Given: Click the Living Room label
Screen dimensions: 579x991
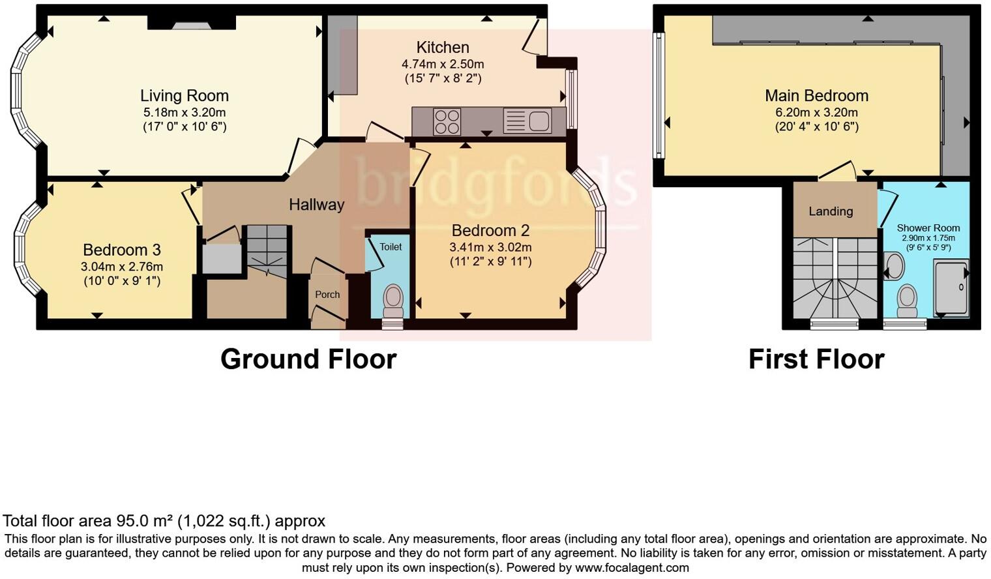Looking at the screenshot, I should point(185,96).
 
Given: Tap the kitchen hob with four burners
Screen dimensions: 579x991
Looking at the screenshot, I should point(447,121).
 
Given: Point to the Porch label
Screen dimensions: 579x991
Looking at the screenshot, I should point(327,295).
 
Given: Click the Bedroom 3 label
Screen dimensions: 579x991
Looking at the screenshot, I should point(122,250).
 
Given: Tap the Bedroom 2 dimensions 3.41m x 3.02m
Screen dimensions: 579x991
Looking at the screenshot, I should point(490,248).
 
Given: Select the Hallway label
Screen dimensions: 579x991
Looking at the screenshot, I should point(316,205).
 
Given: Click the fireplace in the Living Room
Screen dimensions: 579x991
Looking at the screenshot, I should point(192,25).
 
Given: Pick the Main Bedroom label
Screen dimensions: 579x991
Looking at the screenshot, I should point(816,96).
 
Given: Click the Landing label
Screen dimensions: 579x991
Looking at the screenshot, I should point(831,211).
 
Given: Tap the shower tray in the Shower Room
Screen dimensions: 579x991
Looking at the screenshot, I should point(951,288).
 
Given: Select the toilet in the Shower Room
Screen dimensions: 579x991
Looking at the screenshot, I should point(907,299).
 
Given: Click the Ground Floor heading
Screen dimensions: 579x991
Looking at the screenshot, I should point(308,359).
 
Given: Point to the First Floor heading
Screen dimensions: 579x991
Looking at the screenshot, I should point(816,359).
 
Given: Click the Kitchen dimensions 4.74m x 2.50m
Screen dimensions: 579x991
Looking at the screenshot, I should point(443,65).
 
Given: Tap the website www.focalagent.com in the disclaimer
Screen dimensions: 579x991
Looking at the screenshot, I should point(632,568).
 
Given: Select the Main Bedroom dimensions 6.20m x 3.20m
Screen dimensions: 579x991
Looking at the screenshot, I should point(816,113).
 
